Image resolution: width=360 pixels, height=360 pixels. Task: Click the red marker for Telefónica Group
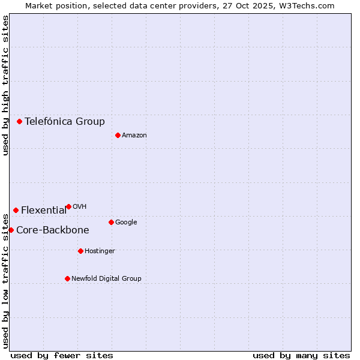tap(19, 121)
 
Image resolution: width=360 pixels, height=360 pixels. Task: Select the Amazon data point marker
tap(118, 135)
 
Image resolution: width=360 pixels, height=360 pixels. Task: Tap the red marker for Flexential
tap(16, 210)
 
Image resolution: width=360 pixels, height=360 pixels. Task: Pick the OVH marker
tap(68, 206)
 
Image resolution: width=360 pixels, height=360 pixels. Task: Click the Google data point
tap(111, 222)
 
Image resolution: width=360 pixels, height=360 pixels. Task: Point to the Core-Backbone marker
tap(11, 230)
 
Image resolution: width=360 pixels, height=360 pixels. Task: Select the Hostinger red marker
tap(80, 251)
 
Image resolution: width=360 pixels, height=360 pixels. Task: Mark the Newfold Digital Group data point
tap(67, 278)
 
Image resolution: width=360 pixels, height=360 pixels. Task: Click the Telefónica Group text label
tap(65, 121)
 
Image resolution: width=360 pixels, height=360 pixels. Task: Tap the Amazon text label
tap(134, 135)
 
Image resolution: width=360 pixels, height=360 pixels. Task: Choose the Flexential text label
tap(44, 210)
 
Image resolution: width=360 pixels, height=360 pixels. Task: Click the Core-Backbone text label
tap(53, 230)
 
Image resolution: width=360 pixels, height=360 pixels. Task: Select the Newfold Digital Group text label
tap(107, 278)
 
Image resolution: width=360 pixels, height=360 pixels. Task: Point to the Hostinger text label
tap(100, 251)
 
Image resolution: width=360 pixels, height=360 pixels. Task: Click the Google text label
tap(126, 222)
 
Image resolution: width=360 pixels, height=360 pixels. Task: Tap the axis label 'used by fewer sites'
tap(62, 355)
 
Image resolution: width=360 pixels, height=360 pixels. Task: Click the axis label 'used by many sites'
tap(301, 355)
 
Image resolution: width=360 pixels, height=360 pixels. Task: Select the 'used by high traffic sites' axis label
tap(5, 85)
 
